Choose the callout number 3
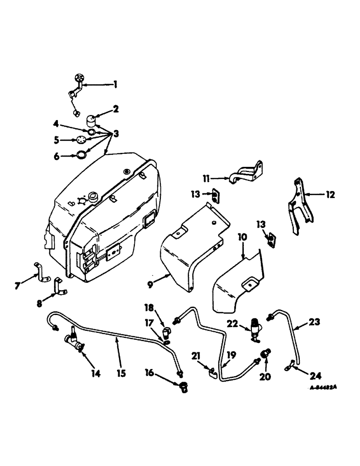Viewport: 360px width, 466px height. (116, 134)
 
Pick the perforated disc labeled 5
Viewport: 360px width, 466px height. (81, 139)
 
